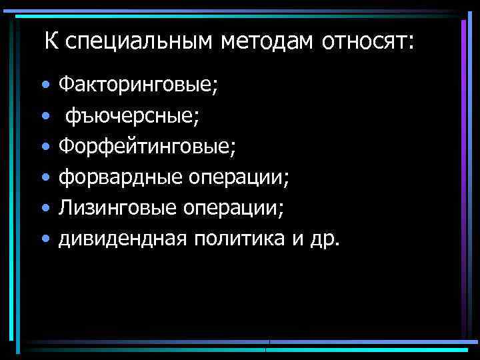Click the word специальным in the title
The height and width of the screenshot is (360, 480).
coord(137,43)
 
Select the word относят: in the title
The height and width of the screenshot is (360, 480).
coord(368,43)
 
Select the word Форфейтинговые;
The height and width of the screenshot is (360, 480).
coord(147,147)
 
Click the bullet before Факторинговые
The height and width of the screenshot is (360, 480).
coord(45,86)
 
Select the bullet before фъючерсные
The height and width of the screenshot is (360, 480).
coord(45,117)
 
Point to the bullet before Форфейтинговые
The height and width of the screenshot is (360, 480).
coord(45,147)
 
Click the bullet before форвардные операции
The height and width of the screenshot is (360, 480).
coord(45,178)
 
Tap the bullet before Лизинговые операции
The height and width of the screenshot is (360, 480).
coord(45,209)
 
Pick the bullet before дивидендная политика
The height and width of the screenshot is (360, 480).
coord(45,239)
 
